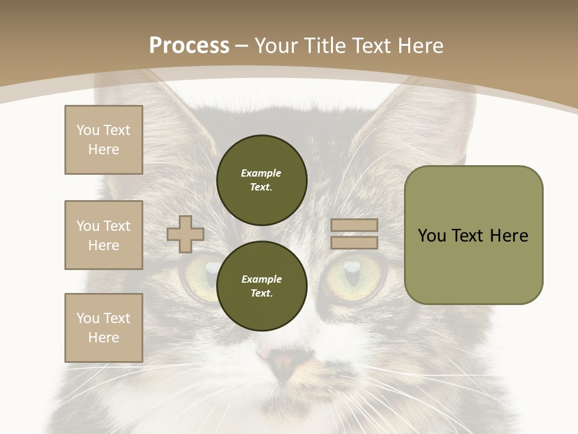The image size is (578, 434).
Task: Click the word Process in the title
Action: [189, 46]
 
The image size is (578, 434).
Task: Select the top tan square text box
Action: [104, 140]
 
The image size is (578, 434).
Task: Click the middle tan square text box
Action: [104, 235]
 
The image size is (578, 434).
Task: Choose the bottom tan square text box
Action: [104, 327]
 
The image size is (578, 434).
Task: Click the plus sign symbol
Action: [185, 234]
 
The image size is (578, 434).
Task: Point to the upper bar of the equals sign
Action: [354, 225]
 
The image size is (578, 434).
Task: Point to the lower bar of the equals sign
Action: [354, 242]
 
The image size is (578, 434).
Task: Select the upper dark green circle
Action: [261, 180]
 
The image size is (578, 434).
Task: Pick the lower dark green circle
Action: [261, 286]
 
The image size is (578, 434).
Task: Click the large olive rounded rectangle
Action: [473, 235]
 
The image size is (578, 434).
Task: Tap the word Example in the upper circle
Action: [261, 173]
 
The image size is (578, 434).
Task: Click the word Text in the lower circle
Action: [261, 294]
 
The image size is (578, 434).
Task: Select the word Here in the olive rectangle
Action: [509, 236]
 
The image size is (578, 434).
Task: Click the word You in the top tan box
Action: [88, 130]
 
